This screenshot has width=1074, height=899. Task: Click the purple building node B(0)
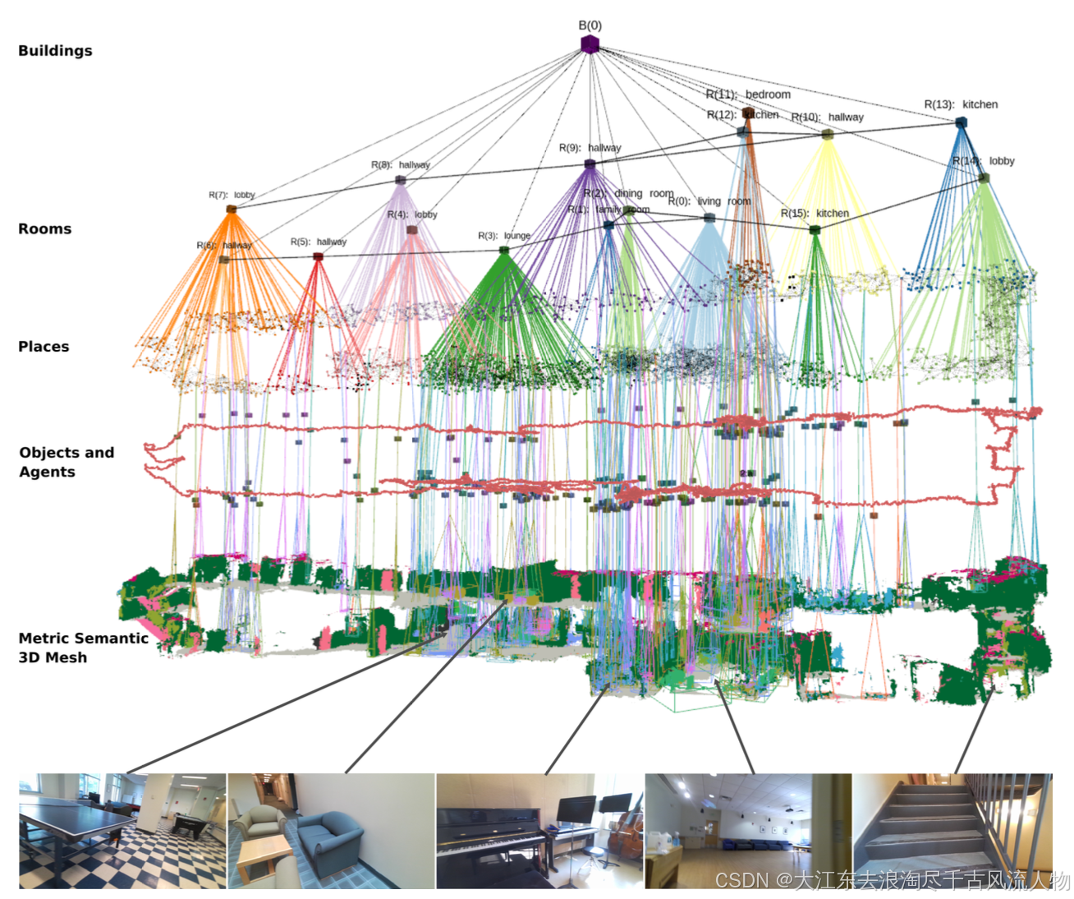[x=590, y=44]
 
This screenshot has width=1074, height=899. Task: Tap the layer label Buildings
[x=55, y=51]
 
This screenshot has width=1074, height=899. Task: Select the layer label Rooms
[x=44, y=229]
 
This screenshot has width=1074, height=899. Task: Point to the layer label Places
[x=44, y=347]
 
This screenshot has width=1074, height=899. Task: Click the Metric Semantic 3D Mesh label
[x=82, y=648]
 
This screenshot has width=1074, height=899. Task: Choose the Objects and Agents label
[x=66, y=462]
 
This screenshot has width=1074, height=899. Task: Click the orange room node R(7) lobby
[x=232, y=210]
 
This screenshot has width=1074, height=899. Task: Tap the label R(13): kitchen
[x=961, y=104]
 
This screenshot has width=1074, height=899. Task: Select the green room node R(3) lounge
[x=504, y=250]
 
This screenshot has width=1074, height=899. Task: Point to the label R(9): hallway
[x=590, y=148]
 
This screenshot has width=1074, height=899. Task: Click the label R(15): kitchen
[x=815, y=214]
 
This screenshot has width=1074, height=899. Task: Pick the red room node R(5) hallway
[x=318, y=257]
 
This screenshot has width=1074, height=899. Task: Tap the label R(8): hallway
[x=400, y=165]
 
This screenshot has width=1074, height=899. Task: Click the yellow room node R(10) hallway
[x=828, y=134]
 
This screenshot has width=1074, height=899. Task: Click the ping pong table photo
[x=122, y=831]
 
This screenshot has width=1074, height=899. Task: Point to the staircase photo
[x=952, y=831]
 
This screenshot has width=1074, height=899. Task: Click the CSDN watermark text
[x=892, y=881]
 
